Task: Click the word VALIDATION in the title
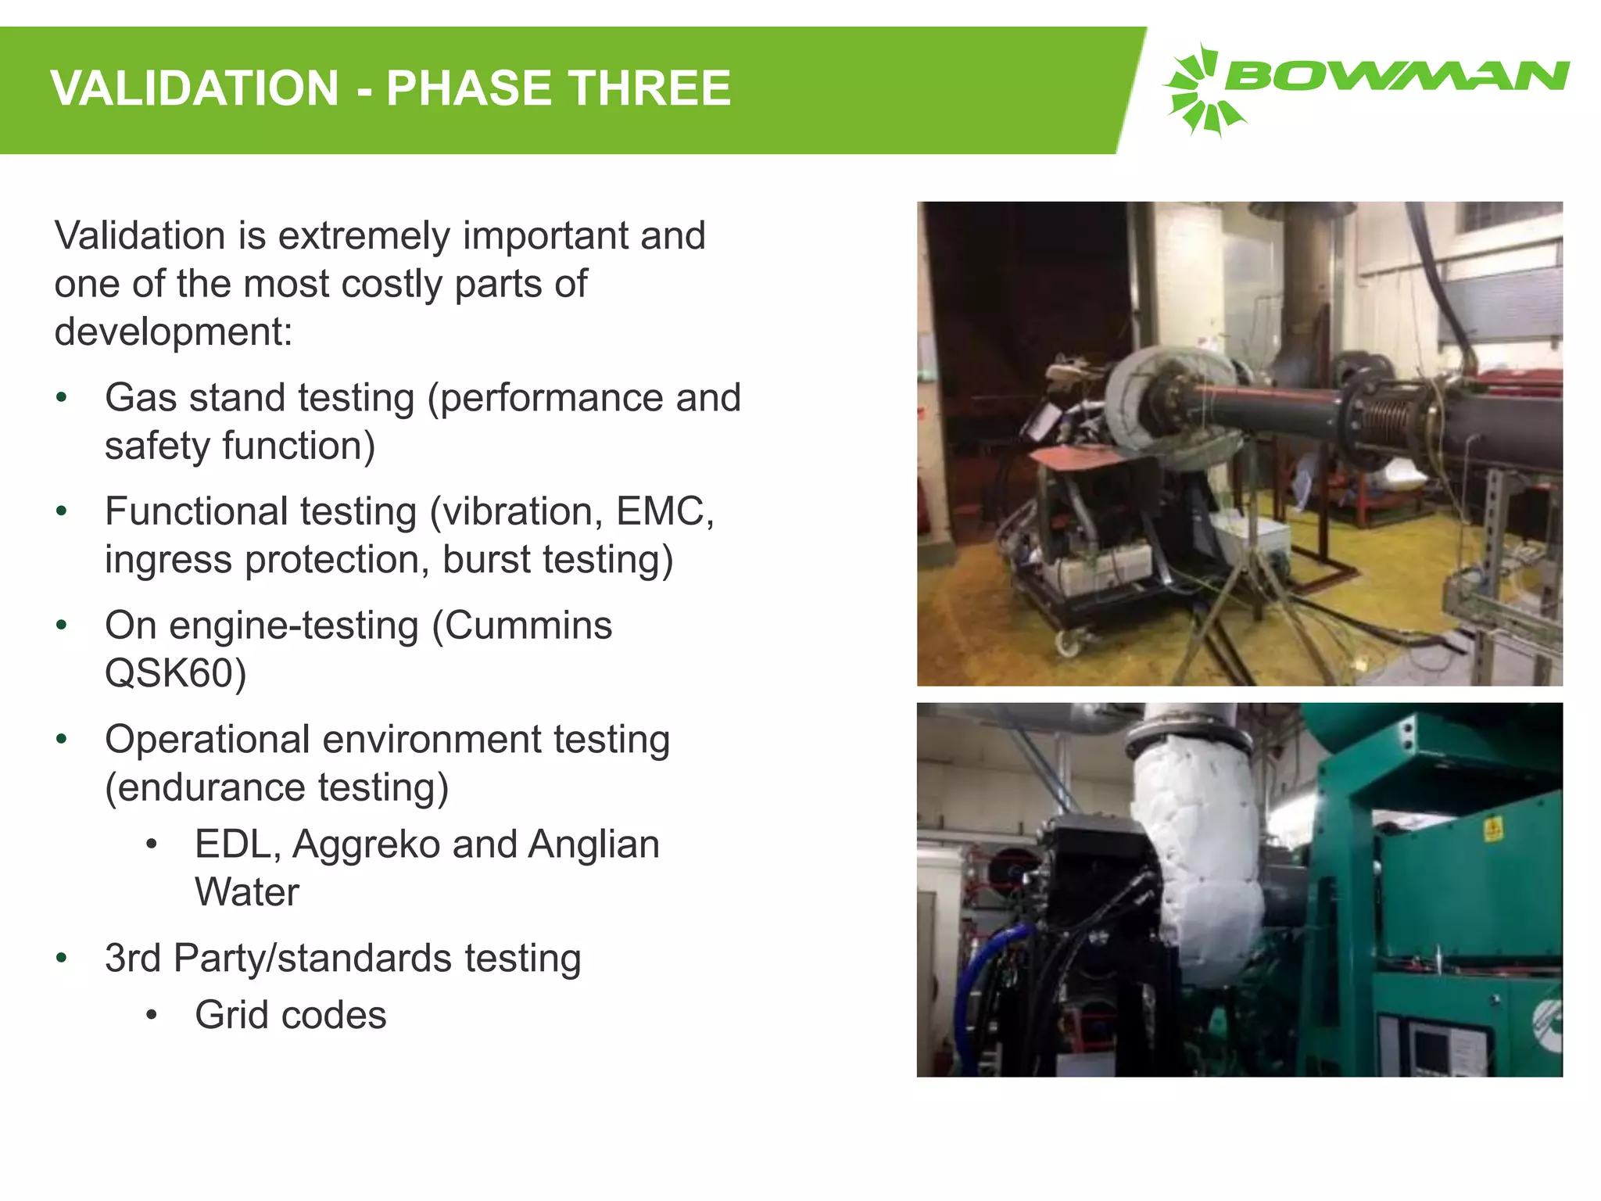tap(195, 88)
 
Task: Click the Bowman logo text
tap(1396, 77)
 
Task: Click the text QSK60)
tap(175, 673)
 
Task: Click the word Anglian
tap(593, 844)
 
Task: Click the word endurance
tap(213, 787)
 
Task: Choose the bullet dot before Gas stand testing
tap(62, 397)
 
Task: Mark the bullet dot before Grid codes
tap(152, 1015)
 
